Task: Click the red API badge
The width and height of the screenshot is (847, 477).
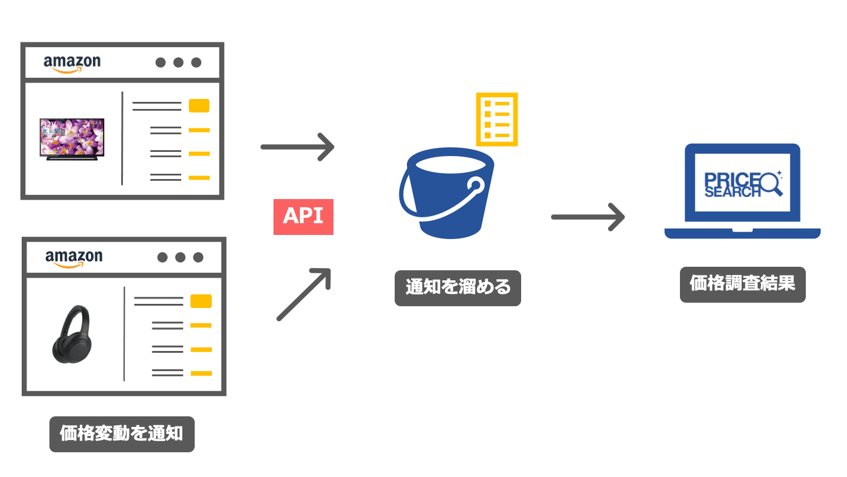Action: [x=304, y=217]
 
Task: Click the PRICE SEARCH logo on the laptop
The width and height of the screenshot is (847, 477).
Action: [x=742, y=184]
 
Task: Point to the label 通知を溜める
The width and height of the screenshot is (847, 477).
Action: [x=458, y=288]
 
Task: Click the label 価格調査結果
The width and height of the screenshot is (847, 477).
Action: [x=742, y=284]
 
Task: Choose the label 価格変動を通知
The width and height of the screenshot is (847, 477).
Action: [x=122, y=435]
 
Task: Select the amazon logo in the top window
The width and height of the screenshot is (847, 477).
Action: [x=72, y=63]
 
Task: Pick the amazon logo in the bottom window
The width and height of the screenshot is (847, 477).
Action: [x=74, y=258]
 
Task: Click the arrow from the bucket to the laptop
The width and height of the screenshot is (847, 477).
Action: [x=587, y=217]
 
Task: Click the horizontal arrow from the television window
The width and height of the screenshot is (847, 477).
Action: [x=297, y=146]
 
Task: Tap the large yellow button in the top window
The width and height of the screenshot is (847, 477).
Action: [x=199, y=106]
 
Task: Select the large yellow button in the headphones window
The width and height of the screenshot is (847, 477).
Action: [x=201, y=301]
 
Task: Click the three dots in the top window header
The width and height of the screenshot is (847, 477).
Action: [x=178, y=62]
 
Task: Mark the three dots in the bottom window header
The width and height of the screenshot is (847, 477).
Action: [x=180, y=257]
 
